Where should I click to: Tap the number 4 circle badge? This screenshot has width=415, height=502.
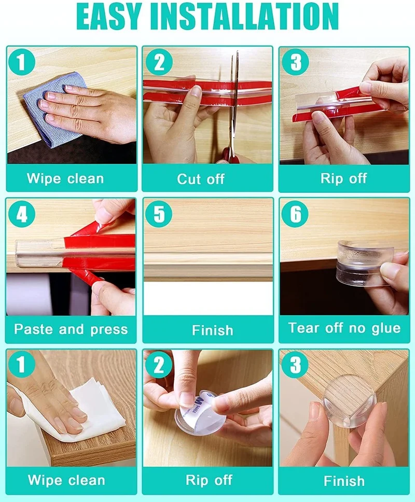pyautogui.click(x=22, y=215)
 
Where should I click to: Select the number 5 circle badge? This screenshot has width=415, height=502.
pyautogui.click(x=159, y=214)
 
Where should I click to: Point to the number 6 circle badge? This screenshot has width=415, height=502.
pyautogui.click(x=295, y=214)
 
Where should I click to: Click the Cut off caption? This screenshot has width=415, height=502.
pyautogui.click(x=201, y=179)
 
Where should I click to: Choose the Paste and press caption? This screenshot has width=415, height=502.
pyautogui.click(x=71, y=329)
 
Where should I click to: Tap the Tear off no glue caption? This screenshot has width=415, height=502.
pyautogui.click(x=344, y=328)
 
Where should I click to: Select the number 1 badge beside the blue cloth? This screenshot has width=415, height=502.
pyautogui.click(x=22, y=62)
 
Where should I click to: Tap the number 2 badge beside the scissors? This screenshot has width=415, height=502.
pyautogui.click(x=159, y=62)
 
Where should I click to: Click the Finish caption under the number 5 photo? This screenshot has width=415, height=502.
pyautogui.click(x=212, y=330)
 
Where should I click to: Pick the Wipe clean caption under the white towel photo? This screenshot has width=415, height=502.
pyautogui.click(x=66, y=480)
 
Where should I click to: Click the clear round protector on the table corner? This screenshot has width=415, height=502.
pyautogui.click(x=350, y=403)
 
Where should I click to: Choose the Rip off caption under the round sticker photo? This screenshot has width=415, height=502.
pyautogui.click(x=209, y=480)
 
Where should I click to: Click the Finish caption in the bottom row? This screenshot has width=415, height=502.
pyautogui.click(x=344, y=481)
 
